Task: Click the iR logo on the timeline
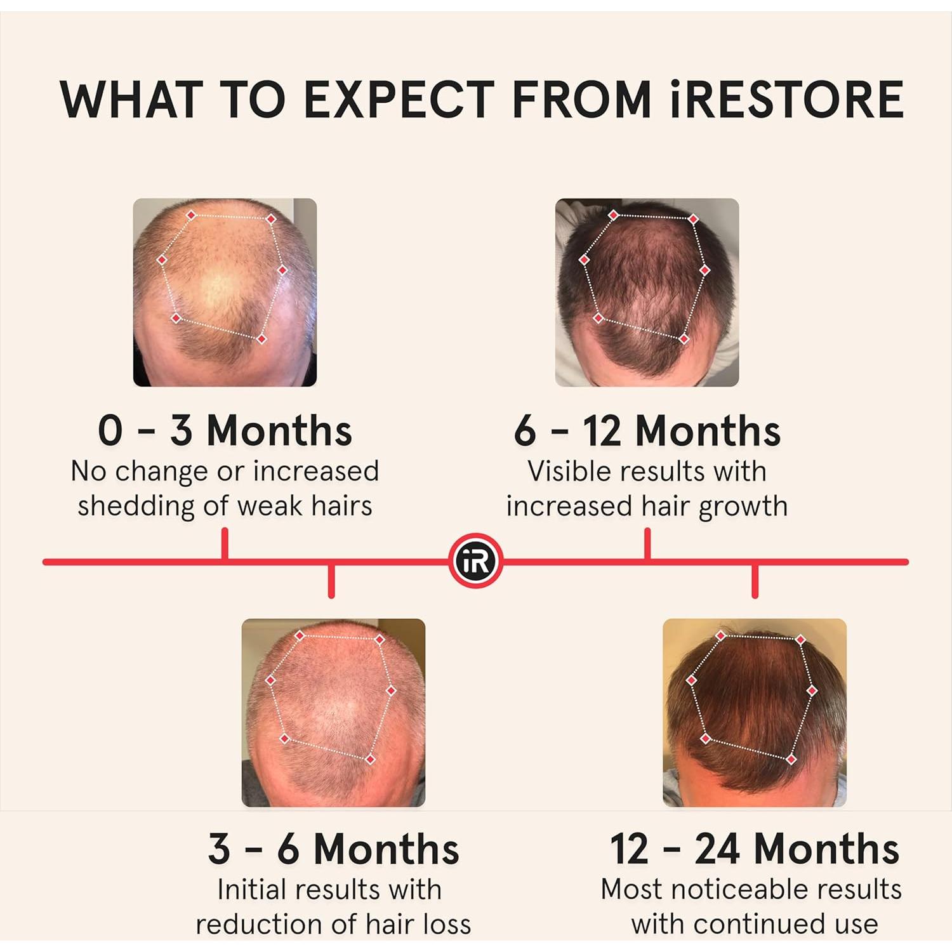pyautogui.click(x=475, y=561)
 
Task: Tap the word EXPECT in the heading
pyautogui.click(x=399, y=100)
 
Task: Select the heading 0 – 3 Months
pyautogui.click(x=225, y=430)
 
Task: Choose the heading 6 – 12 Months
pyautogui.click(x=647, y=430)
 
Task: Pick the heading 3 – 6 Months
pyautogui.click(x=333, y=849)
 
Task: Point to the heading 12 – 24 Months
pyautogui.click(x=754, y=849)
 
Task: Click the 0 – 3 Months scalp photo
pyautogui.click(x=225, y=292)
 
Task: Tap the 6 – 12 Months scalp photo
pyautogui.click(x=647, y=292)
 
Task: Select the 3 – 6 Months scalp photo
pyautogui.click(x=333, y=712)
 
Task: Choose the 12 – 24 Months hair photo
pyautogui.click(x=754, y=712)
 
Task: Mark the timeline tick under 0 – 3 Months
pyautogui.click(x=225, y=545)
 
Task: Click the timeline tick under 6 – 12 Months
pyautogui.click(x=647, y=545)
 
